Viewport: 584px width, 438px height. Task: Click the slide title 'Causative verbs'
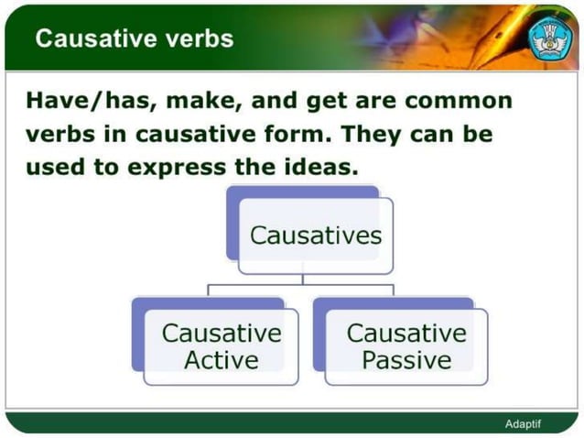pos(134,38)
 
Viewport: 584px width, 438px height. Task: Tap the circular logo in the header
pos(550,37)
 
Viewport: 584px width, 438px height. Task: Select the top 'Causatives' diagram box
pos(315,235)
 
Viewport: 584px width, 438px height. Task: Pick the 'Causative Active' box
pos(221,346)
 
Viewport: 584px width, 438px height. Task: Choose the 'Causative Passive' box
pos(406,346)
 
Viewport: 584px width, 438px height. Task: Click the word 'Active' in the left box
pos(221,360)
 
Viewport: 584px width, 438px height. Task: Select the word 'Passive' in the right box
pos(406,360)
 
